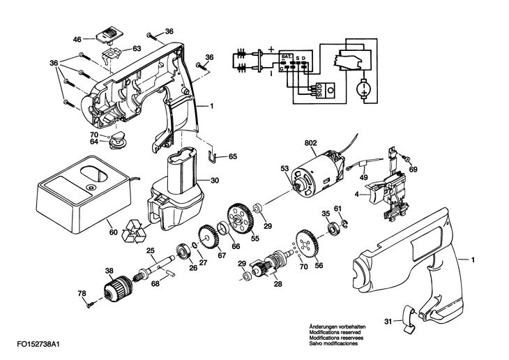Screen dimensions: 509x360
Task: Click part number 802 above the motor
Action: point(311,142)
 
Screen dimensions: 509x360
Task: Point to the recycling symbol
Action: point(134,232)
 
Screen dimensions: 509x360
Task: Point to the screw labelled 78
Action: point(89,304)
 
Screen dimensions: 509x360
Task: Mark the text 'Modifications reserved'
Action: point(335,332)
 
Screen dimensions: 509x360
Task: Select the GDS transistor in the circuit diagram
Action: point(325,89)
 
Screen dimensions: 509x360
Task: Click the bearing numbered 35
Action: point(333,228)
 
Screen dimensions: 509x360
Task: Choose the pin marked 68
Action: point(169,272)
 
